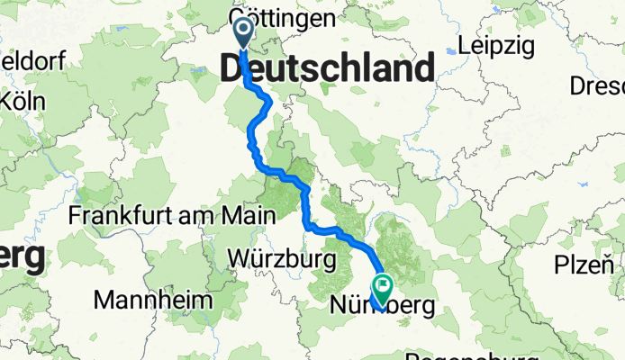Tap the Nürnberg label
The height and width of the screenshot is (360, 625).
click(x=383, y=306)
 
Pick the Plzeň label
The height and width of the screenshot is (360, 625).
click(x=583, y=266)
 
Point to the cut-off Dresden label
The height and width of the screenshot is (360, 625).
click(x=598, y=86)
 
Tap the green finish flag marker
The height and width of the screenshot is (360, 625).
click(x=383, y=289)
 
